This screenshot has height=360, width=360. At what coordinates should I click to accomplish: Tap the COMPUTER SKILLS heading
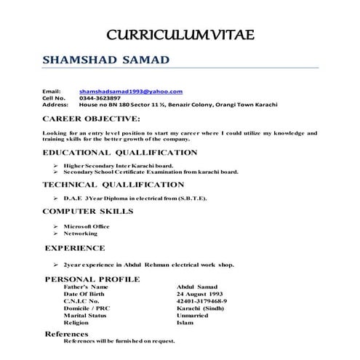pyautogui.click(x=88, y=212)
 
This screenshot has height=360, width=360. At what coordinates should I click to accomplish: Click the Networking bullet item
pyautogui.click(x=81, y=235)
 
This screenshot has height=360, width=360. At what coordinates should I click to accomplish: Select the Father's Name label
pyautogui.click(x=86, y=287)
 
